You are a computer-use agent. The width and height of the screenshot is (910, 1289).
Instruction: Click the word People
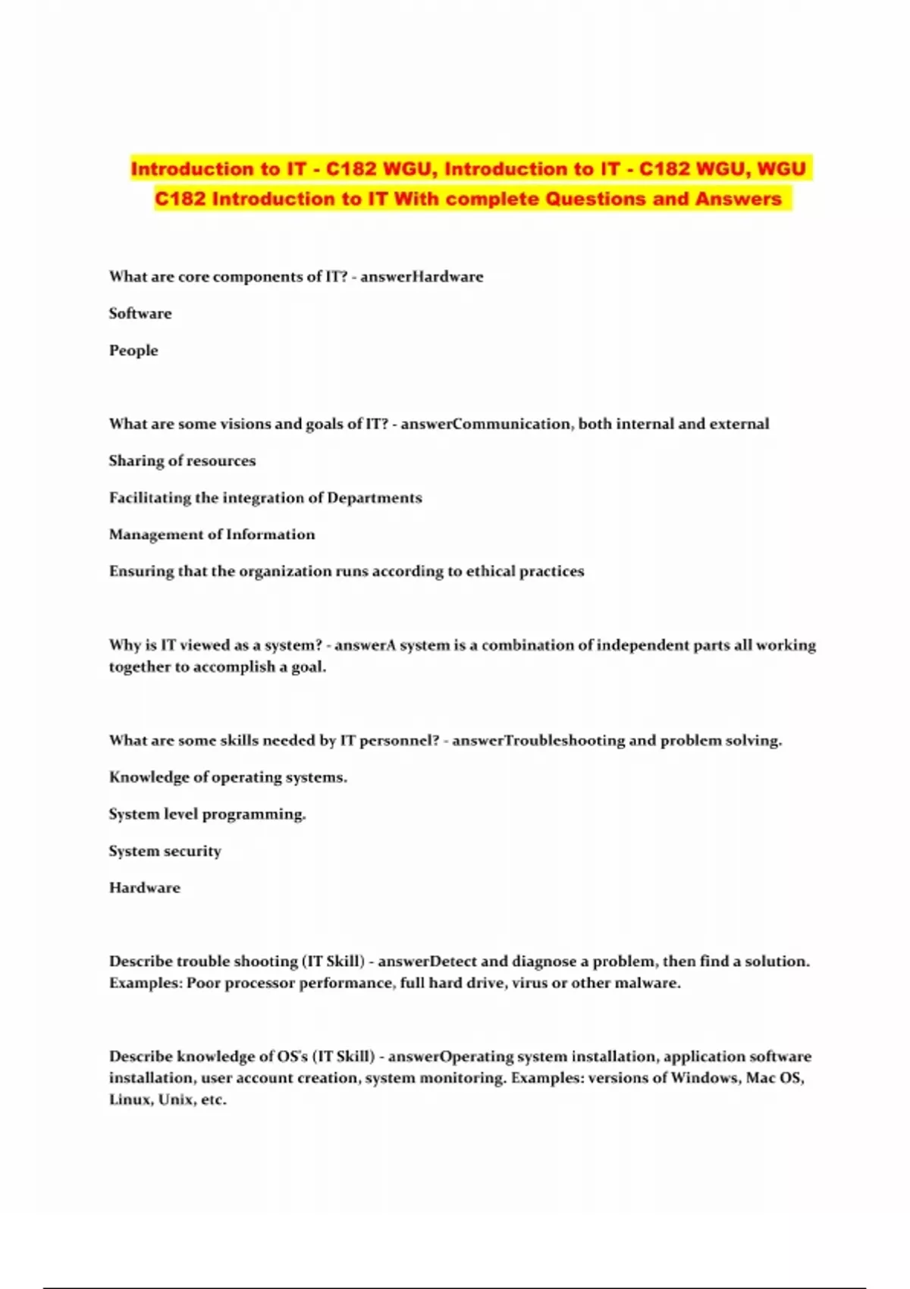click(x=133, y=350)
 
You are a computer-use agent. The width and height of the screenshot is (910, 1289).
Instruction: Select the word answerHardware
click(x=422, y=277)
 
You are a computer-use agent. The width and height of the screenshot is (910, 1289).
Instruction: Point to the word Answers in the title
click(x=739, y=199)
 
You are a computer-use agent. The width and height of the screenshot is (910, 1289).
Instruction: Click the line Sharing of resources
click(x=182, y=461)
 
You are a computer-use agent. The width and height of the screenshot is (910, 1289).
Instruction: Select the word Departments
click(x=375, y=498)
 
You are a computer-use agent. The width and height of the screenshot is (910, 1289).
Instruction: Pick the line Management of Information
click(x=212, y=535)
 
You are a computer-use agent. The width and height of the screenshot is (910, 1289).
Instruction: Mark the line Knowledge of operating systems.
click(x=227, y=777)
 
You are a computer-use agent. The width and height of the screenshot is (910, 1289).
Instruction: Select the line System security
click(x=165, y=851)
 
